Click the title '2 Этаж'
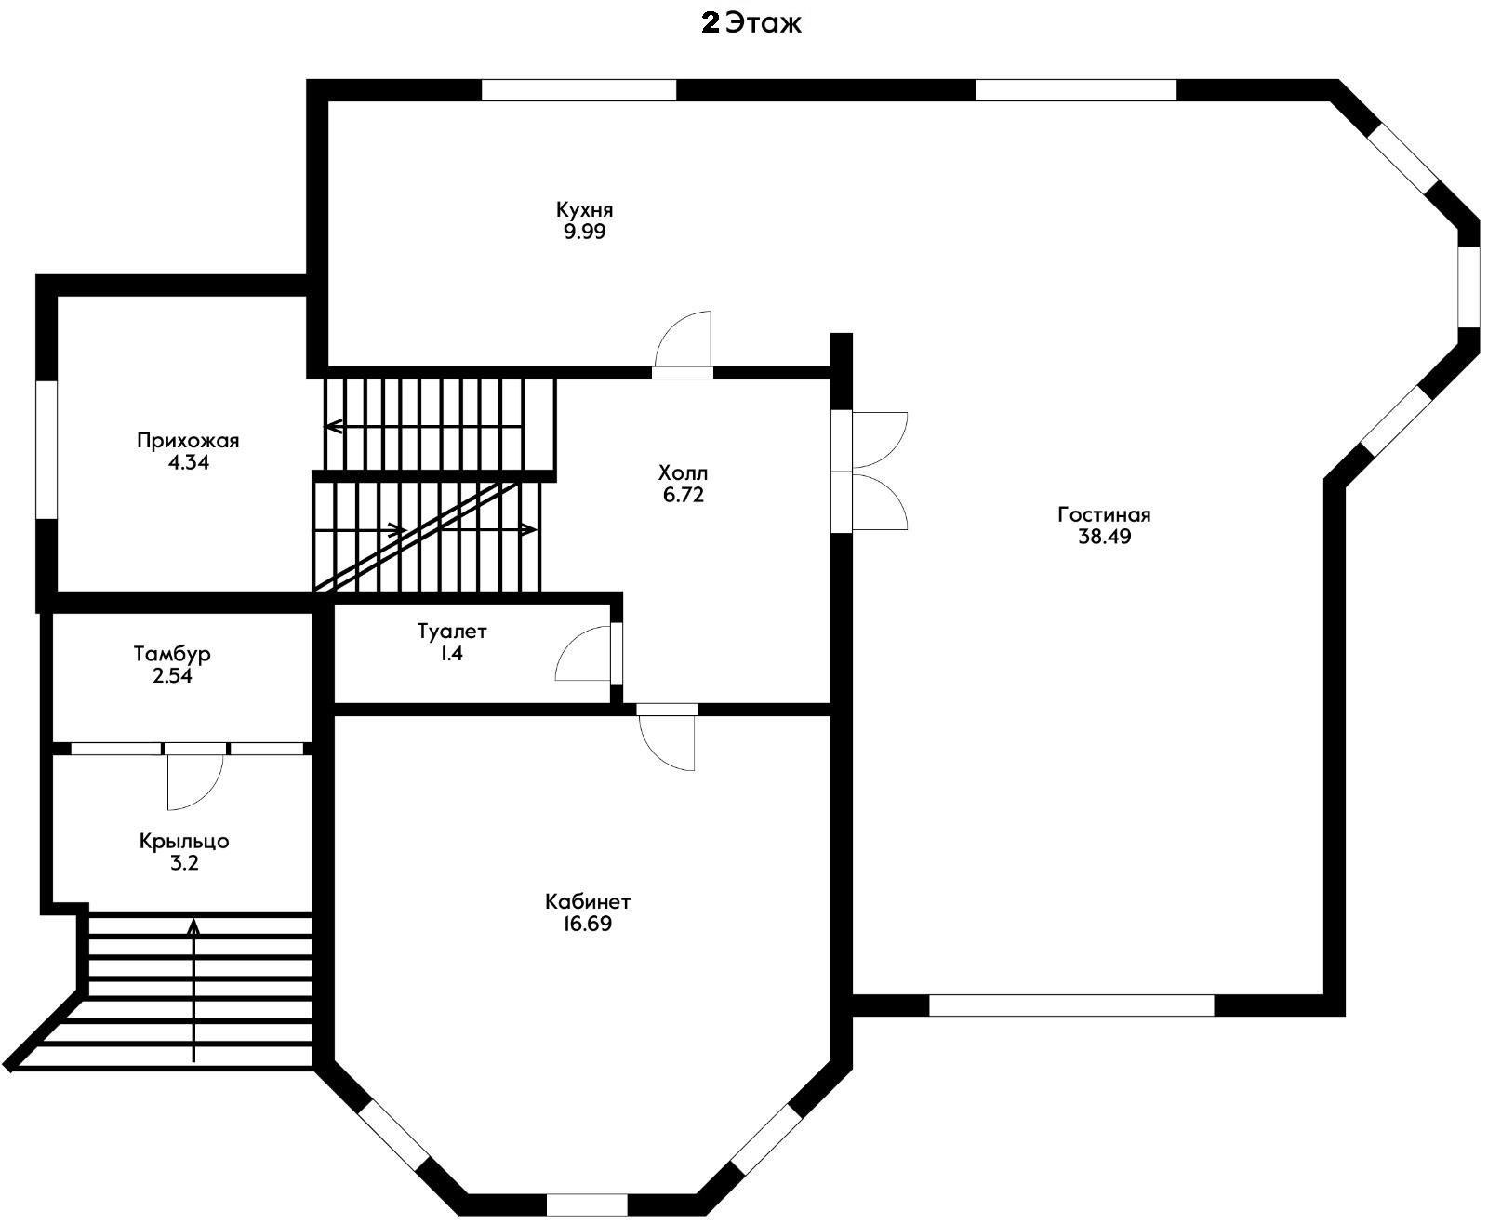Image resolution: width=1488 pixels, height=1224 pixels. point(751,24)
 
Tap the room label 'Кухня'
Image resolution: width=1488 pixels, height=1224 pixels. point(584,209)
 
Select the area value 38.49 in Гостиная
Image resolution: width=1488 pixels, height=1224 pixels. point(1104,536)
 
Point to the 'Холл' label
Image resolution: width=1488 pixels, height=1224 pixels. point(683,472)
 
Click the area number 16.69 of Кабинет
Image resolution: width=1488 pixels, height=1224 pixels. point(587,924)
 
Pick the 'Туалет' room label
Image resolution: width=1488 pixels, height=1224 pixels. point(452,632)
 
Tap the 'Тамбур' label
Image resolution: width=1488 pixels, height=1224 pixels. point(172,654)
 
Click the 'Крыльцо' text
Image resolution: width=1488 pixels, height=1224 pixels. point(184,842)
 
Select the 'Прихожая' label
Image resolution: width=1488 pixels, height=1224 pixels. point(188,441)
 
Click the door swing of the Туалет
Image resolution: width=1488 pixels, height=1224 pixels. point(583,653)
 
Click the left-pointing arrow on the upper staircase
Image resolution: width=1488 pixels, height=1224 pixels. point(423,427)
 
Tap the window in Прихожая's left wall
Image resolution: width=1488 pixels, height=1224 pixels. point(46,451)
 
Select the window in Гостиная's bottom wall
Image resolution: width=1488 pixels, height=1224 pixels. point(1071,1005)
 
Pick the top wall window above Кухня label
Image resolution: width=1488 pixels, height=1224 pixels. point(578,90)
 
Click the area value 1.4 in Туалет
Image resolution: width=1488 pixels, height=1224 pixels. point(452,653)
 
